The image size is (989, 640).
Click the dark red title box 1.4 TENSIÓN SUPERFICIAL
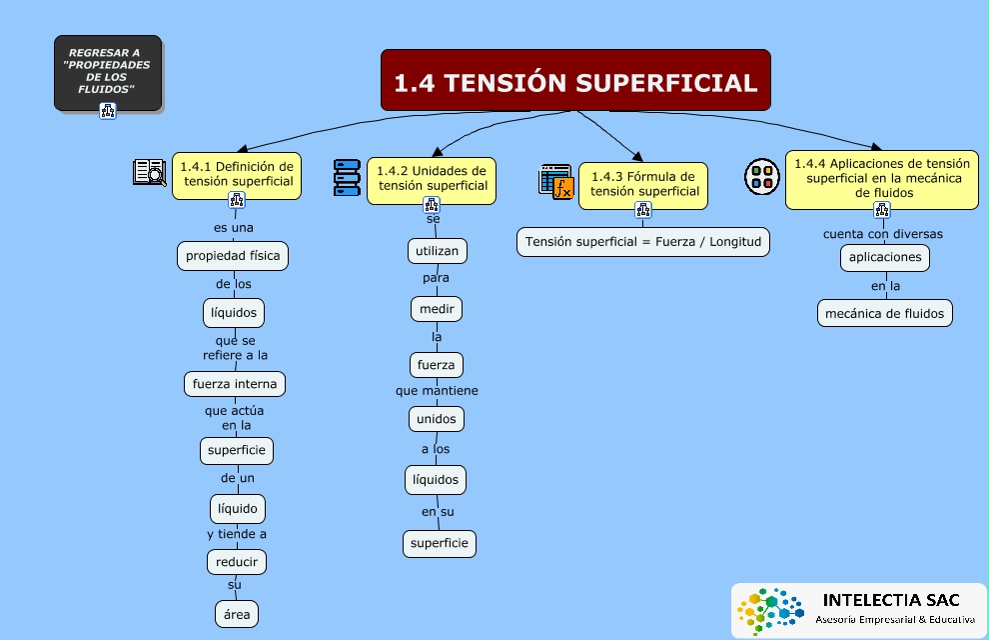(x=575, y=81)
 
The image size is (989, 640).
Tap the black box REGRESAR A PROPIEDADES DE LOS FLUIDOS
(x=108, y=72)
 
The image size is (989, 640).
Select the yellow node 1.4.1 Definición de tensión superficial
(x=237, y=174)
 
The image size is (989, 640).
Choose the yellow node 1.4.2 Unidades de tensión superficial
(x=432, y=178)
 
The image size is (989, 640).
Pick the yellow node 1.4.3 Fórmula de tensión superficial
(x=643, y=184)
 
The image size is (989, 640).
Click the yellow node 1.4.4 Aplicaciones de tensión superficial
(x=881, y=178)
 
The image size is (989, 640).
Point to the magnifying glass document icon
(x=150, y=173)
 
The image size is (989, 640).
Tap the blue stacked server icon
(x=347, y=177)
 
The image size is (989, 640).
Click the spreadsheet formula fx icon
(x=556, y=182)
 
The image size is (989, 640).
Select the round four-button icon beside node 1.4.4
(x=761, y=176)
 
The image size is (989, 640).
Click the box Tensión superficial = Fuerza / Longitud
(x=643, y=242)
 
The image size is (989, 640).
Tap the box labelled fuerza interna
(x=236, y=384)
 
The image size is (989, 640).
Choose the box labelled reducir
(x=237, y=562)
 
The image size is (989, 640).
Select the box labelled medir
(x=437, y=309)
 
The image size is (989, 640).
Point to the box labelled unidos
(x=436, y=419)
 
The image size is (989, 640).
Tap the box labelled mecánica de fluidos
(x=884, y=313)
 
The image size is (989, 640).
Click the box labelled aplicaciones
(x=885, y=257)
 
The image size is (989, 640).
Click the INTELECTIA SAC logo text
(x=891, y=601)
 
